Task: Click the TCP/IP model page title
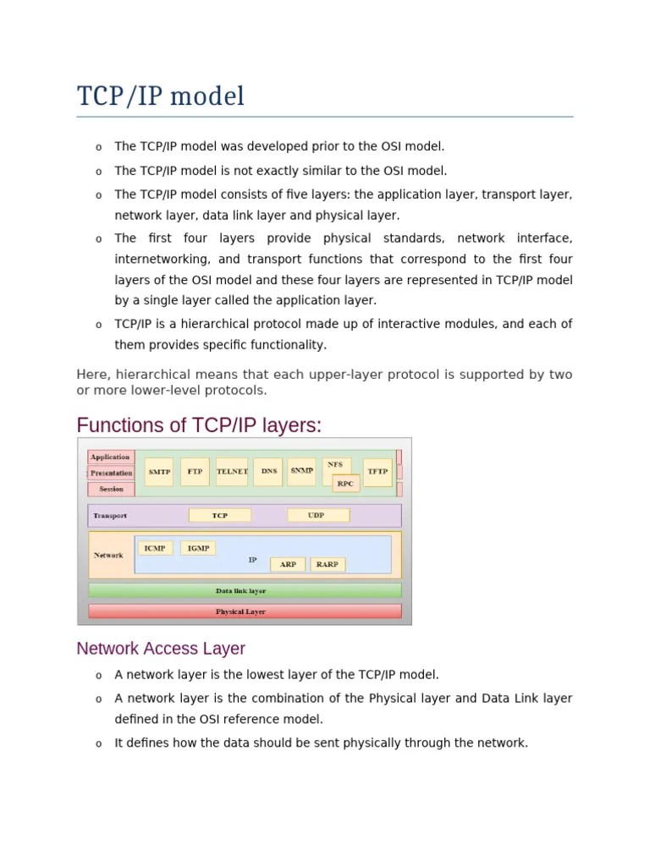coord(161,96)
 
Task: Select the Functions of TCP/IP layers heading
coord(199,425)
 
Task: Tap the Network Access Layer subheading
coord(161,649)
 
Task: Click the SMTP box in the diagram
coord(158,472)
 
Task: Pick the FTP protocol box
coord(196,472)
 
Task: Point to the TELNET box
coord(232,472)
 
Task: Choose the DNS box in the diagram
coord(268,472)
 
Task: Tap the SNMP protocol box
coord(301,470)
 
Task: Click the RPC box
coord(345,484)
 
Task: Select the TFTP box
coord(377,472)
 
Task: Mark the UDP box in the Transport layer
coord(317,515)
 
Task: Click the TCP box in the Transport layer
coord(220,515)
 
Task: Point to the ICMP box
coord(155,548)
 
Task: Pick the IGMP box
coord(198,548)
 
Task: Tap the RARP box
coord(327,564)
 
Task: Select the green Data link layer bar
coord(245,590)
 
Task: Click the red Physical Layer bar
coord(245,611)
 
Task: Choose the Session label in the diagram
coord(111,490)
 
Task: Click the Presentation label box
coord(111,474)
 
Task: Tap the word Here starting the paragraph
coord(93,375)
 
